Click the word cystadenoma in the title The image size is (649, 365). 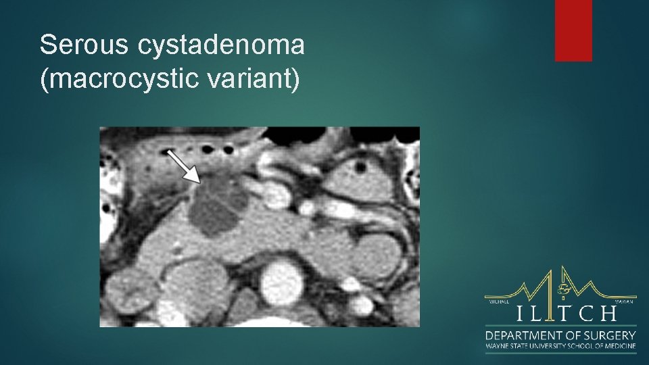click(221, 46)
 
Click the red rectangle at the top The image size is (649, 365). click(573, 30)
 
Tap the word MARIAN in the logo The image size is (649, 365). click(625, 301)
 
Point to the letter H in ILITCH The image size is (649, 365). click(608, 314)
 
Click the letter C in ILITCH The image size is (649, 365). click(585, 314)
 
